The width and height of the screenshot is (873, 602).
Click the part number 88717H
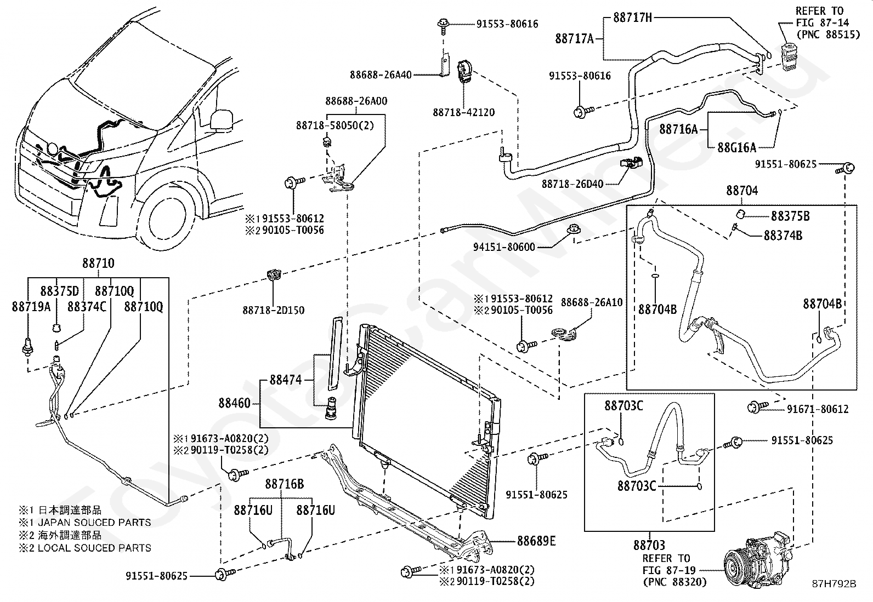[632, 18]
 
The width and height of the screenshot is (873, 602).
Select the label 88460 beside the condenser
[234, 403]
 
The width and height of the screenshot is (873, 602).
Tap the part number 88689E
[536, 541]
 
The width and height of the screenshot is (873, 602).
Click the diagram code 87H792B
[834, 584]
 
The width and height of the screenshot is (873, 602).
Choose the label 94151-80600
[504, 247]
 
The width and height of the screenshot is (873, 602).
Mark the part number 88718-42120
[463, 112]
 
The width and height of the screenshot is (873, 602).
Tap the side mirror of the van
[221, 119]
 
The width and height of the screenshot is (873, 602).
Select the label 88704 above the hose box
[742, 191]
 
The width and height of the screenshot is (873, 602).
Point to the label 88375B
[790, 216]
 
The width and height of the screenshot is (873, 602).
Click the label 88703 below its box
[649, 545]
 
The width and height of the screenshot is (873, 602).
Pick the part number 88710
[98, 263]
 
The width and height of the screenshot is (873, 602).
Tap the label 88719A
[31, 307]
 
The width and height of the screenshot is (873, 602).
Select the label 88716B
[285, 484]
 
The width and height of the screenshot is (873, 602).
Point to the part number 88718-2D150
[274, 311]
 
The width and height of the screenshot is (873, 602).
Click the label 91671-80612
[818, 409]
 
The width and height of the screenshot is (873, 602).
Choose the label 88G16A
[736, 147]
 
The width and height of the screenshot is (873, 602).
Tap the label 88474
[286, 380]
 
